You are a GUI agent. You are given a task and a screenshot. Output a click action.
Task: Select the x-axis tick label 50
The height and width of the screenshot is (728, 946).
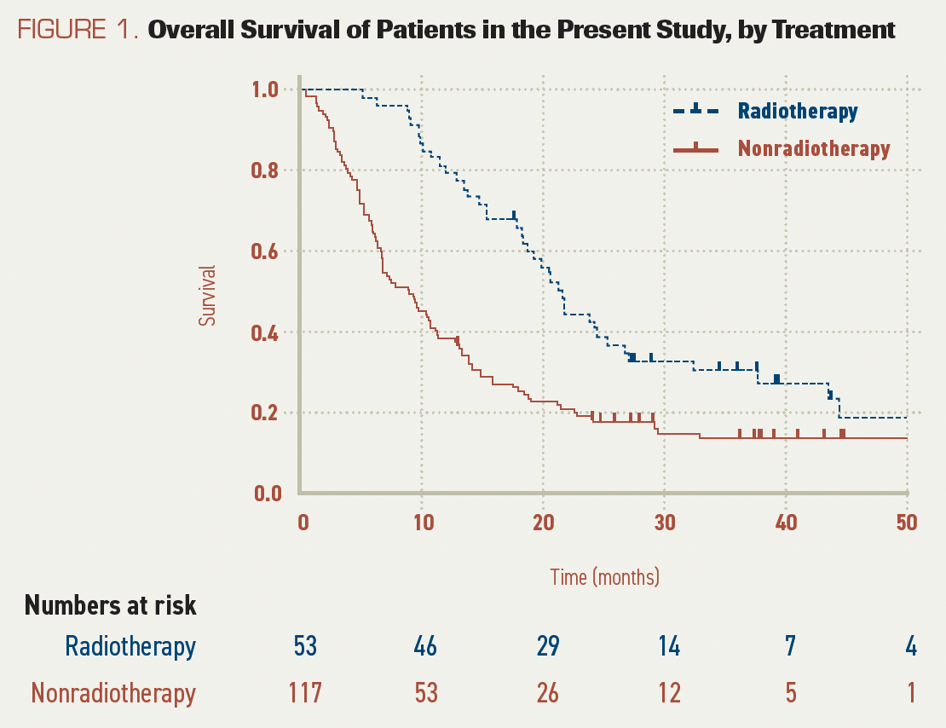pyautogui.click(x=906, y=523)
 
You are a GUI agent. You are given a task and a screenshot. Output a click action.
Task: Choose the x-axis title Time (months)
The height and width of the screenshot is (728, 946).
pyautogui.click(x=604, y=577)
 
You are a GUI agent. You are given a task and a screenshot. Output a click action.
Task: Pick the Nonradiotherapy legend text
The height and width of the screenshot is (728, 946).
pyautogui.click(x=814, y=148)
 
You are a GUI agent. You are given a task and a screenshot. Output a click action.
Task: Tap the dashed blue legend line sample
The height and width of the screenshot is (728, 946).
pyautogui.click(x=695, y=111)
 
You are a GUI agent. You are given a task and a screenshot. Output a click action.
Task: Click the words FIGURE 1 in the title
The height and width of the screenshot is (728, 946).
pyautogui.click(x=78, y=31)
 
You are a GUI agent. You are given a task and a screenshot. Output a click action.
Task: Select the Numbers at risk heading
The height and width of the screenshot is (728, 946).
pyautogui.click(x=111, y=605)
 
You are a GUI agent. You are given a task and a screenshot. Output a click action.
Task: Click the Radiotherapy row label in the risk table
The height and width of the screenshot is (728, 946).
pyautogui.click(x=130, y=647)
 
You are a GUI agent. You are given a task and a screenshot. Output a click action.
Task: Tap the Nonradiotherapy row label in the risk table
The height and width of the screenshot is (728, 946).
pyautogui.click(x=113, y=692)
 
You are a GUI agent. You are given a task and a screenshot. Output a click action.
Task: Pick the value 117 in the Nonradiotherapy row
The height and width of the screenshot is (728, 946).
pyautogui.click(x=304, y=692)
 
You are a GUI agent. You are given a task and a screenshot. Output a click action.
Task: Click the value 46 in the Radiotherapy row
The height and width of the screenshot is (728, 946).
pyautogui.click(x=424, y=647)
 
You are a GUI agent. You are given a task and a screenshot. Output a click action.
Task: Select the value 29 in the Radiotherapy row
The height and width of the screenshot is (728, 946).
pyautogui.click(x=547, y=647)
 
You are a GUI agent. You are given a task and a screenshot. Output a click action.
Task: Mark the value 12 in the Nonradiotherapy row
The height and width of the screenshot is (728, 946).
pyautogui.click(x=669, y=692)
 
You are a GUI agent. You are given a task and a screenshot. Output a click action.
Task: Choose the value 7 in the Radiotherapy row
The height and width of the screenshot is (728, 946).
pyautogui.click(x=791, y=647)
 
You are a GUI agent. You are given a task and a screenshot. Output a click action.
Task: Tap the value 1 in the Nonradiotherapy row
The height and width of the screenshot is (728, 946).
pyautogui.click(x=912, y=692)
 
